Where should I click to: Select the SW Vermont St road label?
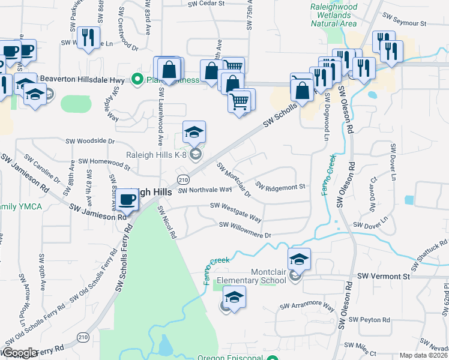[383, 276]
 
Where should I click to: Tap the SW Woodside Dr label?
[90, 141]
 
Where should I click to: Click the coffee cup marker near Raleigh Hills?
[127, 200]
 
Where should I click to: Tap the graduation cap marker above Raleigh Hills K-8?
[194, 132]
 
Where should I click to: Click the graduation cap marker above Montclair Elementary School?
[299, 259]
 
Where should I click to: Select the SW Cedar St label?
[205, 4]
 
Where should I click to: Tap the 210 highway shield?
[183, 180]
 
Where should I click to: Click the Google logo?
[19, 353]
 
